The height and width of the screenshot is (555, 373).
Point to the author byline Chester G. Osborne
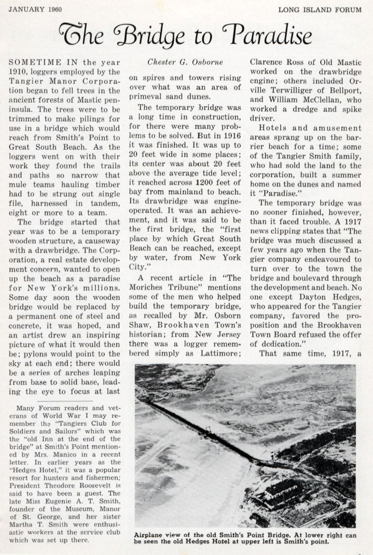(186, 62)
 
